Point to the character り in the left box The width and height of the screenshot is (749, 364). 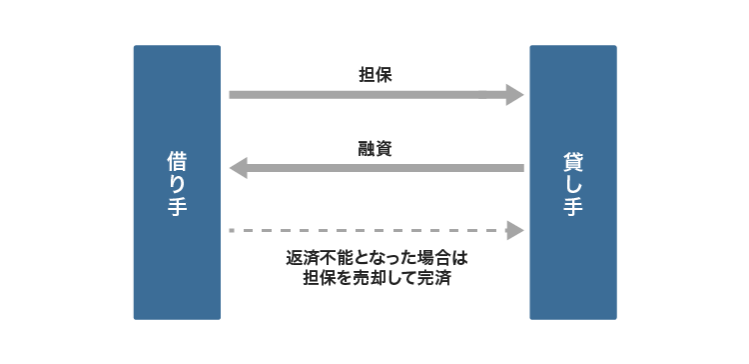(177, 183)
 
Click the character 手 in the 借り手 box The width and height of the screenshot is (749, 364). (177, 206)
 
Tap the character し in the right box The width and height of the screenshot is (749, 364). (573, 183)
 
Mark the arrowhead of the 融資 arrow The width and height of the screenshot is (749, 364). (239, 168)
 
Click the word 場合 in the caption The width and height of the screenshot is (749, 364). (432, 258)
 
